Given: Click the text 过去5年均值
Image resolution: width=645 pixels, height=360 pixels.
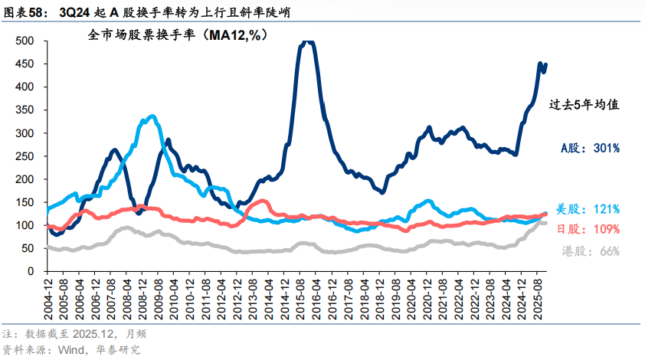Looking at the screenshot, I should coord(583,106).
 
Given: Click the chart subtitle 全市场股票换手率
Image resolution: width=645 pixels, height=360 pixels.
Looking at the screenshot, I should coord(176,34).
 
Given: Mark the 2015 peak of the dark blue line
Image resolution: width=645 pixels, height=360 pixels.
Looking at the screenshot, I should coord(306,43).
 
